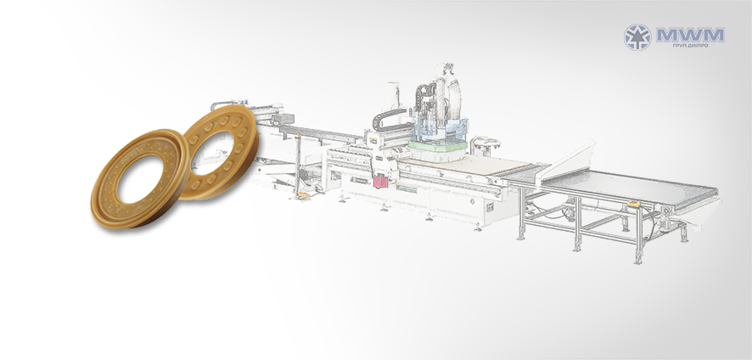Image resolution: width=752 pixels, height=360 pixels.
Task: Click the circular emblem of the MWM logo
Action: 637,37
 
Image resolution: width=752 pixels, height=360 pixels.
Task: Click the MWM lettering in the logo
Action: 690,35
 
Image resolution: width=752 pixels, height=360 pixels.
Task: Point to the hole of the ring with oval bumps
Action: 213,153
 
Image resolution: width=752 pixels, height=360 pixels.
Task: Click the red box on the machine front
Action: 380,182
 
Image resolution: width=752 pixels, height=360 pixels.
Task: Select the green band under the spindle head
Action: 437,146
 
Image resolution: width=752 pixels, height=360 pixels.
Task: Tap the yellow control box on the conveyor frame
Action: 633,204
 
